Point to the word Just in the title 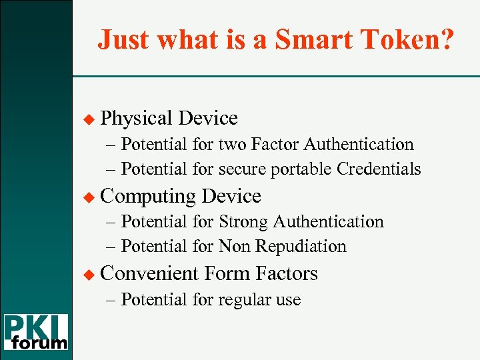(x=122, y=40)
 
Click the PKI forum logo (x=37, y=332)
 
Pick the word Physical (x=137, y=119)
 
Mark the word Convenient (x=150, y=273)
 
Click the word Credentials (x=379, y=169)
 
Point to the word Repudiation (x=305, y=247)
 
